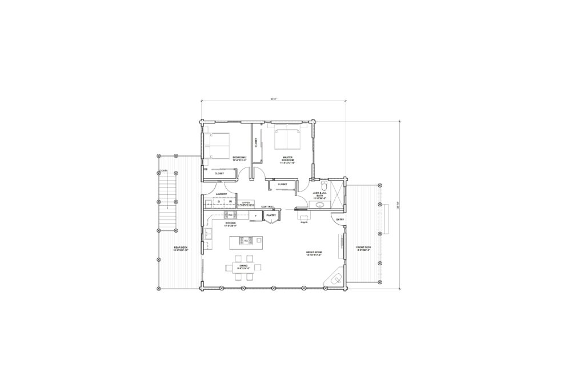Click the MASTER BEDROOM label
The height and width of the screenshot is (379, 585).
pos(287,159)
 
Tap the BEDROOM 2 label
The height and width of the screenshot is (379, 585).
pos(239,158)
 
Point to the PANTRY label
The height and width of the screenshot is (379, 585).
pos(271,216)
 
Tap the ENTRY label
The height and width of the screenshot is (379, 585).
pos(340,220)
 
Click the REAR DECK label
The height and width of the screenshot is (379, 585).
pos(181,249)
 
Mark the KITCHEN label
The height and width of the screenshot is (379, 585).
pos(231,224)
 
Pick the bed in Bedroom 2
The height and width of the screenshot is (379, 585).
pos(217,145)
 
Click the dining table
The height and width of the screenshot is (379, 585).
pos(243,267)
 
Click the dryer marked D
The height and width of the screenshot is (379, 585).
pos(219,202)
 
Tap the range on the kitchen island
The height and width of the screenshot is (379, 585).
pos(246,241)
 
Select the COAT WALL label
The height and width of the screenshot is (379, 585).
pos(269,206)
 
